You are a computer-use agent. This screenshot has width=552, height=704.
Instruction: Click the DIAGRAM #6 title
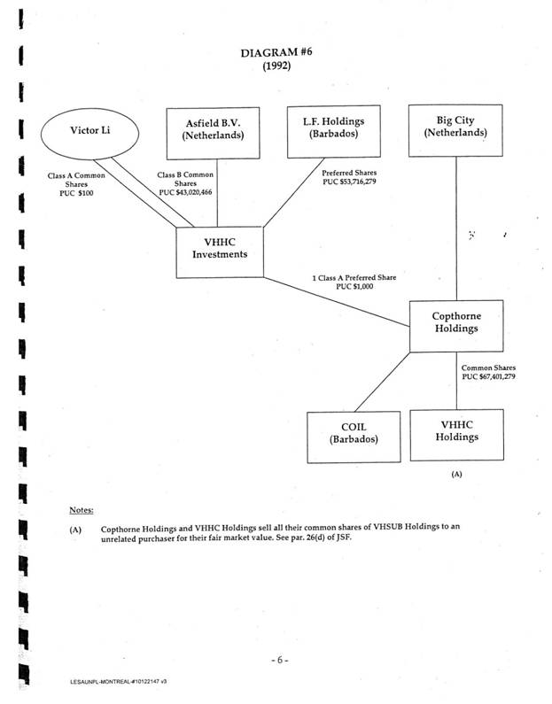pos(276,53)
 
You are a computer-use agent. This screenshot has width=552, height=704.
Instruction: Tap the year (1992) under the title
pos(276,67)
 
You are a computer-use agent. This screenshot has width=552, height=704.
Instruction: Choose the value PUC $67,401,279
pos(488,376)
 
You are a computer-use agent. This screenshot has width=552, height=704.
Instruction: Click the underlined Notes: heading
pos(82,510)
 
